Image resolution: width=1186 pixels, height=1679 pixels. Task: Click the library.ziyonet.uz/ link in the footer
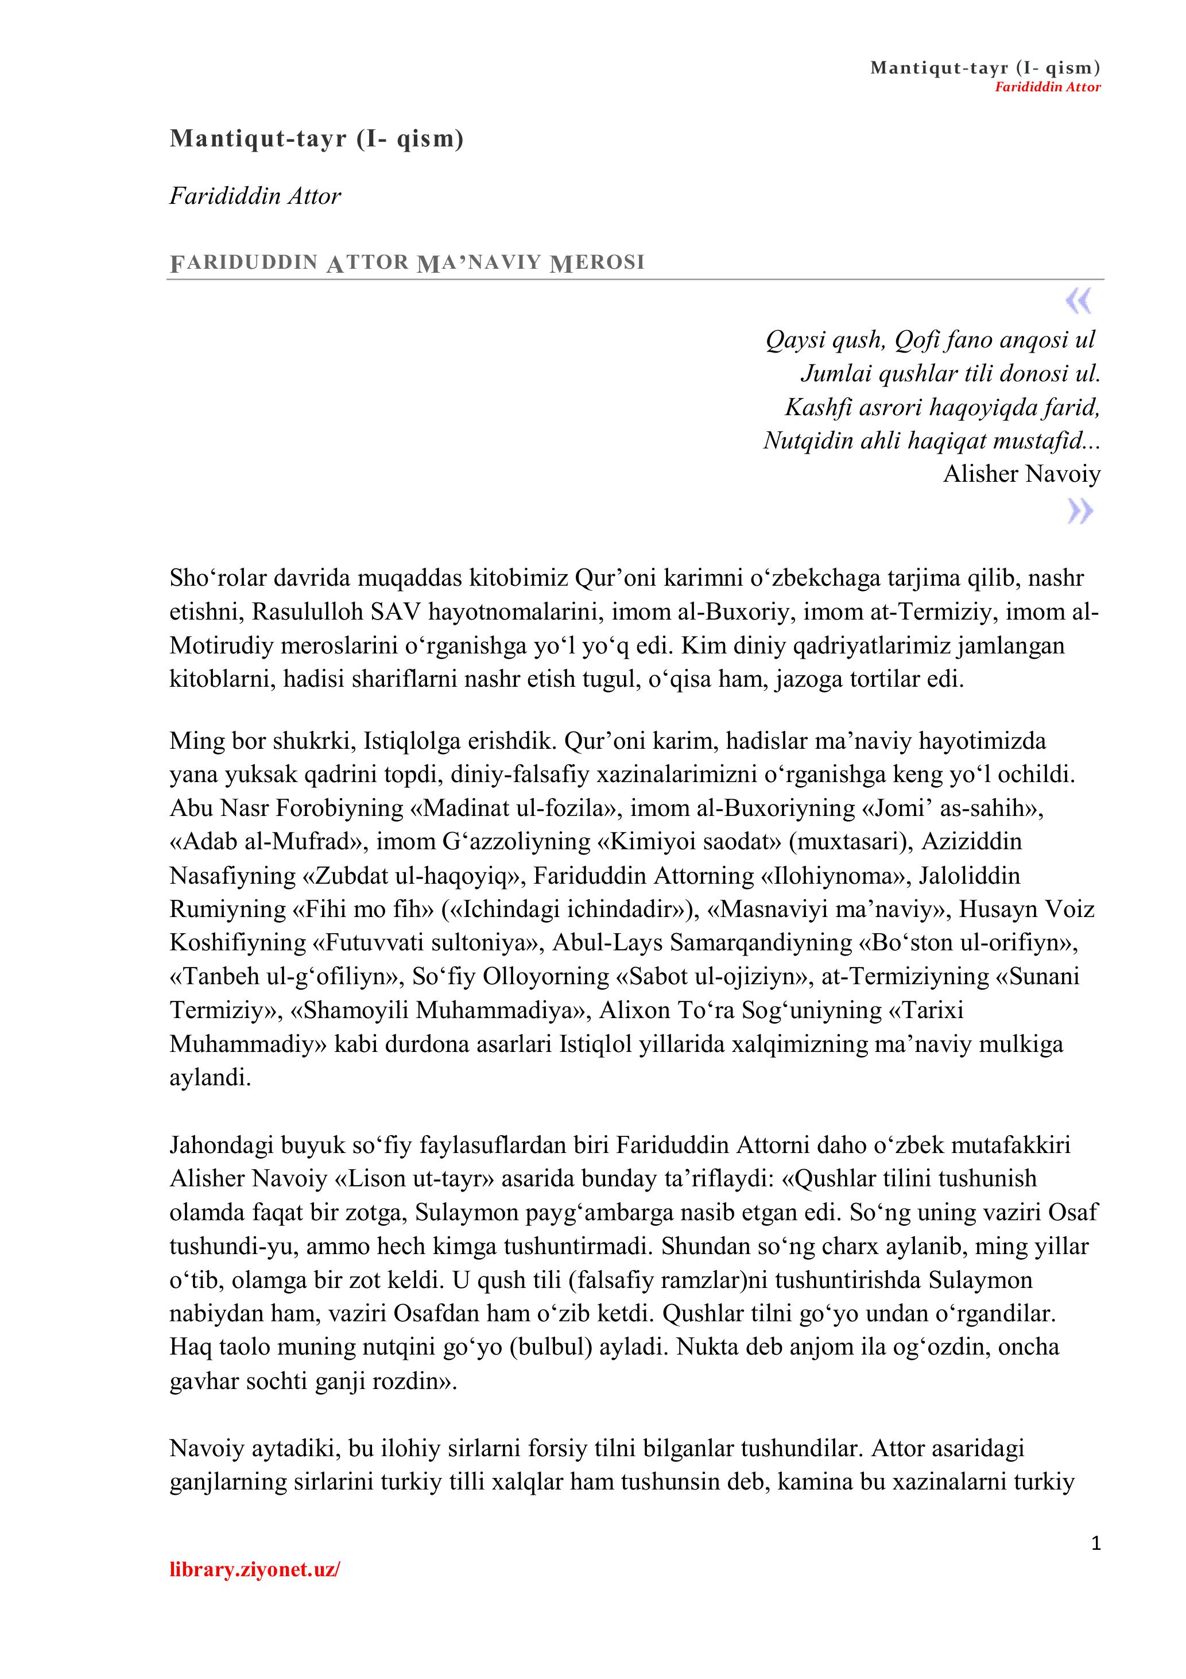tap(254, 1569)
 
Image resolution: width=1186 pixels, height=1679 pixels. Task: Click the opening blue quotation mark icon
tap(1079, 300)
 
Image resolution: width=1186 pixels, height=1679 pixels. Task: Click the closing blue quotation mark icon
tap(1080, 510)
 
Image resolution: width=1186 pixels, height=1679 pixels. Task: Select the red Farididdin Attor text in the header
tap(1047, 87)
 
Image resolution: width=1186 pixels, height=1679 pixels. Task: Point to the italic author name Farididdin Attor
tap(255, 196)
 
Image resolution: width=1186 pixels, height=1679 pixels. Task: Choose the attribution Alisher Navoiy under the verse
tap(1021, 474)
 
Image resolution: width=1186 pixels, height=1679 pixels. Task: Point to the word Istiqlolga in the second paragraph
tap(404, 741)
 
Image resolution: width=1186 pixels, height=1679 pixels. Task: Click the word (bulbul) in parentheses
tap(550, 1347)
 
